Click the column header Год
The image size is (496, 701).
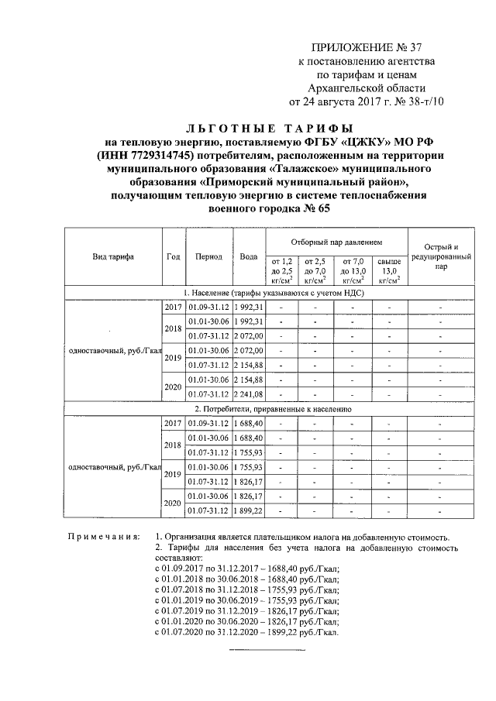coord(174,256)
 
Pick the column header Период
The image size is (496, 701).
coord(209,256)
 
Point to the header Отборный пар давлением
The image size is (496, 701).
coord(336,242)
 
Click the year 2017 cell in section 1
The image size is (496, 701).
coord(174,308)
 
